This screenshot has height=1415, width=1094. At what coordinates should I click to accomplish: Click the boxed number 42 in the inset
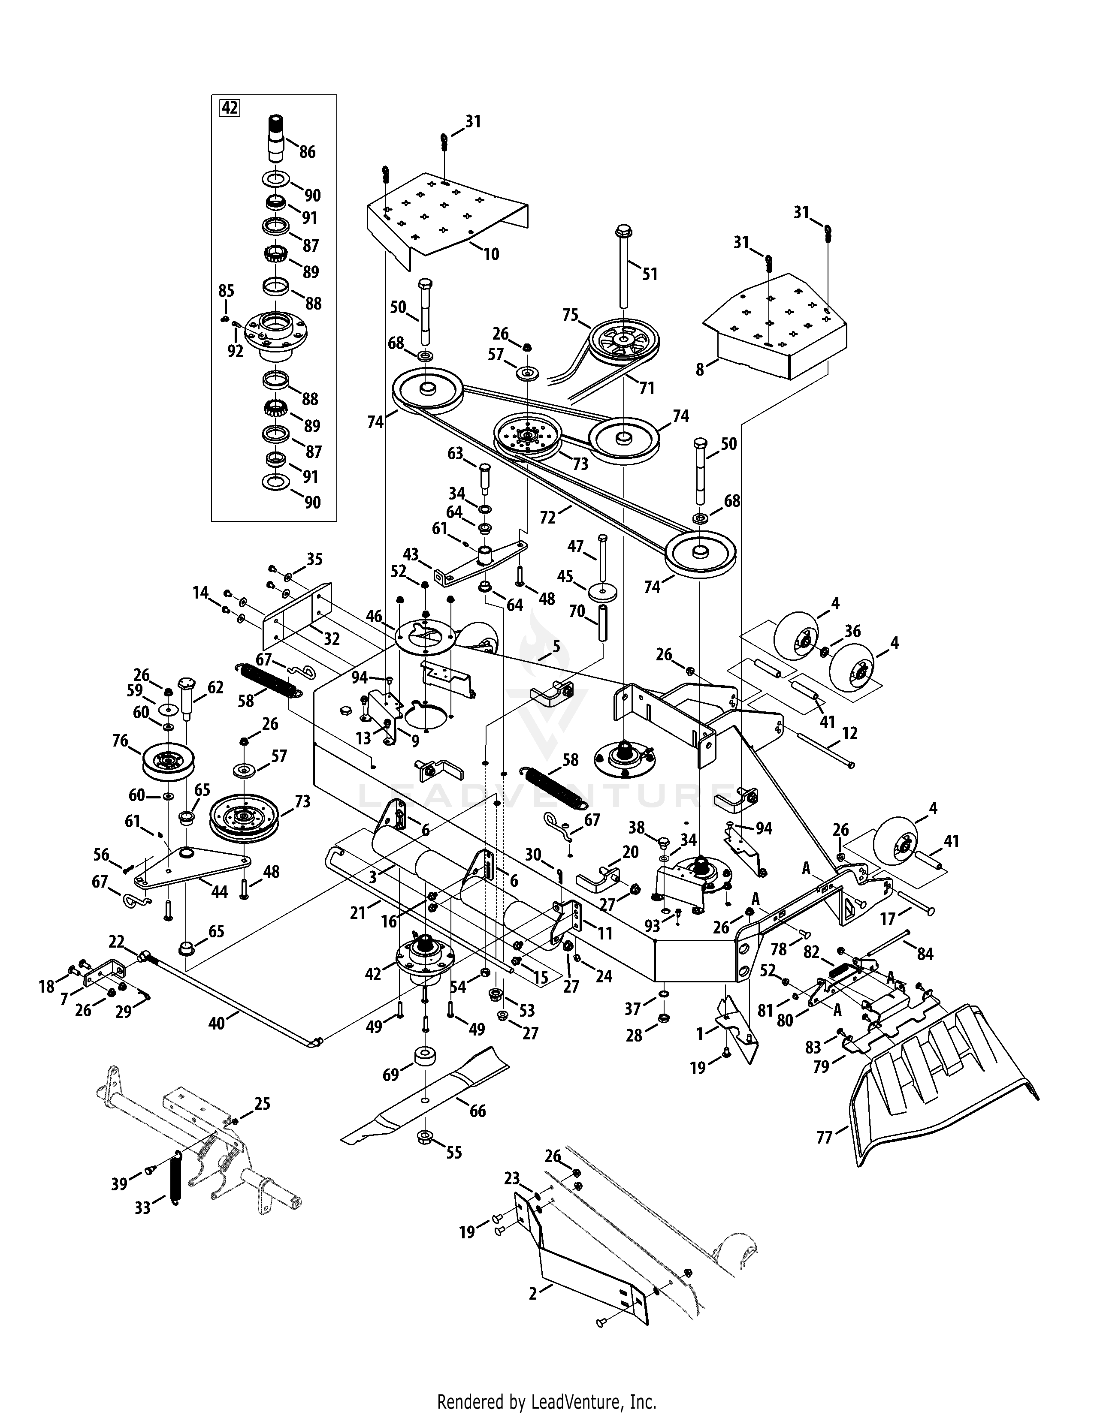pos(230,108)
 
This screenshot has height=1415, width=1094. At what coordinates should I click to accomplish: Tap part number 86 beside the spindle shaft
pos(307,152)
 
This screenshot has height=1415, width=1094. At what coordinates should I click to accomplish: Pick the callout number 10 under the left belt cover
pos(491,254)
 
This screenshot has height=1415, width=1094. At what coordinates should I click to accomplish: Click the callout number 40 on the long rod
pos(217,1023)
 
